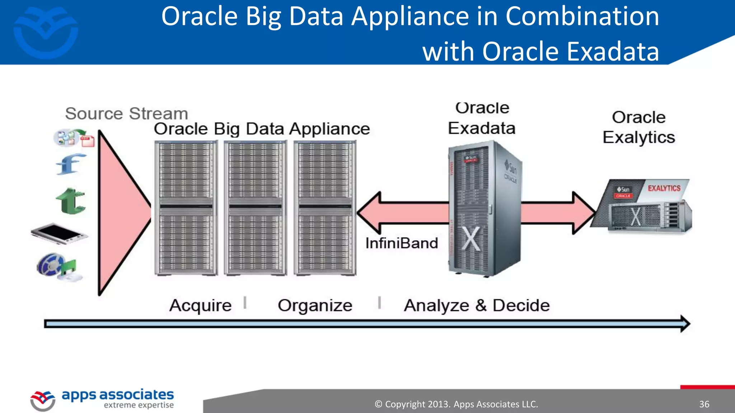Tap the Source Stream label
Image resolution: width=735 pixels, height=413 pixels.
pyautogui.click(x=126, y=114)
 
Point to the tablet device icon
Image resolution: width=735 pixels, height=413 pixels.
pyautogui.click(x=59, y=233)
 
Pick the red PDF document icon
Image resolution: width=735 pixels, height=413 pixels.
pyautogui.click(x=87, y=141)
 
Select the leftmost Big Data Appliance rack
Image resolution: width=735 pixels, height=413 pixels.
pyautogui.click(x=186, y=208)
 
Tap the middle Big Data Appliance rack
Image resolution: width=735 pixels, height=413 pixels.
pyautogui.click(x=255, y=208)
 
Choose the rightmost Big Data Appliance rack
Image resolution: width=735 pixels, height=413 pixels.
pyautogui.click(x=325, y=208)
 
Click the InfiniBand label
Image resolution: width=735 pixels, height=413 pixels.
pyautogui.click(x=402, y=243)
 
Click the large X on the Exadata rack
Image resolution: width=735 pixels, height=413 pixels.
pyautogui.click(x=471, y=238)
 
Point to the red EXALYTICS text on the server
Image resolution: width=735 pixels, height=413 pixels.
pyautogui.click(x=664, y=188)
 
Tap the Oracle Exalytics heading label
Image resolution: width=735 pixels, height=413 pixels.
pyautogui.click(x=638, y=127)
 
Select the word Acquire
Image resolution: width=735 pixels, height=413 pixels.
pyautogui.click(x=200, y=306)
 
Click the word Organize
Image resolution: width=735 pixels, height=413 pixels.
pyautogui.click(x=315, y=306)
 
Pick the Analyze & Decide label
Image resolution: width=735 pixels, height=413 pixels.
pyautogui.click(x=477, y=306)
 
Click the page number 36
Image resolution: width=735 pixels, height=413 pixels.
pyautogui.click(x=704, y=404)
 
